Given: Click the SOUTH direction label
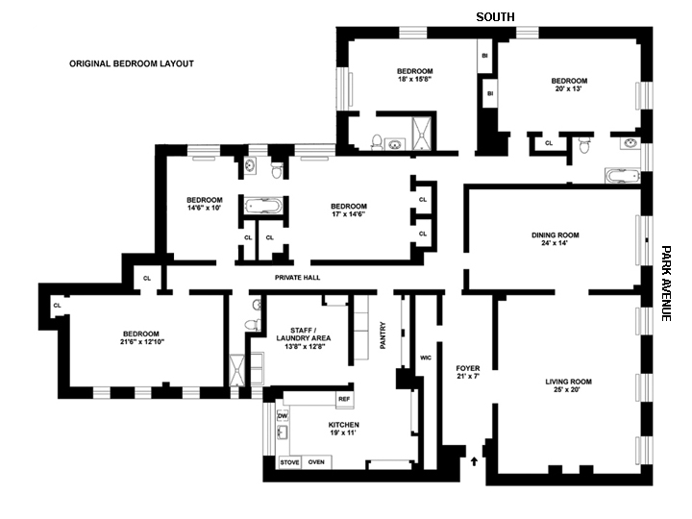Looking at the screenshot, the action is click(x=495, y=16).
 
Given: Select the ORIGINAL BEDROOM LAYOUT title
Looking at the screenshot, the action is click(x=132, y=64).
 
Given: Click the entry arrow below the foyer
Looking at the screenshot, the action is click(x=475, y=462).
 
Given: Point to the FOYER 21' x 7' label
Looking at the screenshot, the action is click(x=467, y=372).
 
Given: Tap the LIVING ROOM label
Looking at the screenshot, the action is click(x=568, y=386).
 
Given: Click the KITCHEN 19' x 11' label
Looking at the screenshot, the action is click(x=343, y=429).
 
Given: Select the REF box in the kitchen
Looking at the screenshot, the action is click(x=343, y=398).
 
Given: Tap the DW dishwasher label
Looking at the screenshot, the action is click(x=283, y=415).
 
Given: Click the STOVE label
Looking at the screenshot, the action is click(x=289, y=462).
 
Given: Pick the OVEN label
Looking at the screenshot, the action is click(x=316, y=462).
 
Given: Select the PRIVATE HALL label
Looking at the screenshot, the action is click(x=297, y=278).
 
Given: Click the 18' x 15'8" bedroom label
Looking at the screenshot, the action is click(x=415, y=76).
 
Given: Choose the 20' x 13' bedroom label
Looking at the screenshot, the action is click(x=567, y=85).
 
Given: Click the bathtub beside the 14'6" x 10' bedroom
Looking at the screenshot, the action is click(x=261, y=206).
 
